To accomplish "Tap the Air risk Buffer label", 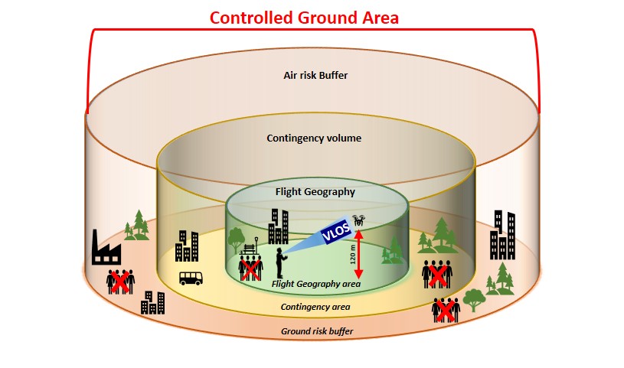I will pyautogui.click(x=315, y=76).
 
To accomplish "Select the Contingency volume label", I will pyautogui.click(x=314, y=138).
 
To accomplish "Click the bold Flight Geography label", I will pyautogui.click(x=315, y=191).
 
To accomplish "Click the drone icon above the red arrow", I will pyautogui.click(x=359, y=221).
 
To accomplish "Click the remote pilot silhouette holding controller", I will pyautogui.click(x=280, y=262).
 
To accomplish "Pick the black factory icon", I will pyautogui.click(x=106, y=246).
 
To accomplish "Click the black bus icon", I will pyautogui.click(x=191, y=278).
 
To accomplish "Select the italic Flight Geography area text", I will pyautogui.click(x=315, y=284).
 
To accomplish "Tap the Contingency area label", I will pyautogui.click(x=315, y=307).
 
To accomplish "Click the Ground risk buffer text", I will pyautogui.click(x=315, y=331).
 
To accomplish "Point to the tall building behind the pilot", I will pyautogui.click(x=278, y=226).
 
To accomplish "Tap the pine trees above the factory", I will pyautogui.click(x=137, y=223).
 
